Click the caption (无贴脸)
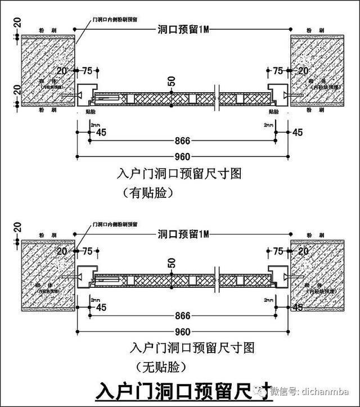pyautogui.click(x=161, y=368)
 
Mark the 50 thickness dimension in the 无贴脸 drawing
pyautogui.click(x=172, y=263)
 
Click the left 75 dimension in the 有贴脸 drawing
pyautogui.click(x=87, y=71)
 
